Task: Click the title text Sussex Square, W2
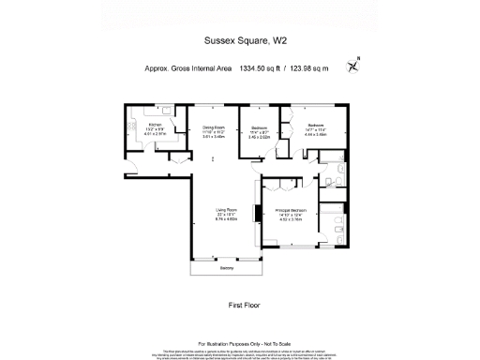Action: click(239, 40)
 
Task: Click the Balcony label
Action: click(226, 268)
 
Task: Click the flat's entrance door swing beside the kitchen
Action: click(131, 168)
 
